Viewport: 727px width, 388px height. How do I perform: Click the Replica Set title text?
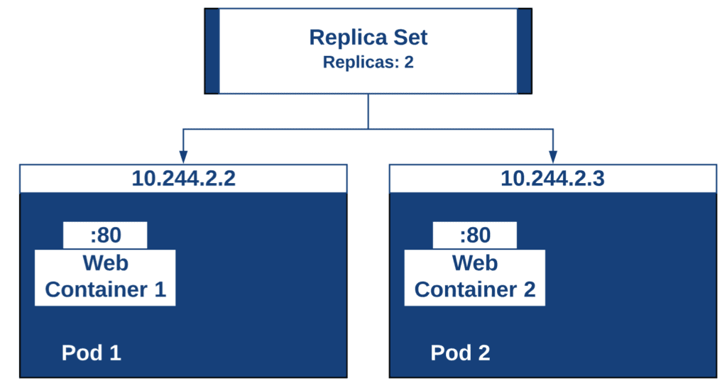tap(368, 38)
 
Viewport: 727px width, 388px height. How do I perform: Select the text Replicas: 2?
tap(368, 62)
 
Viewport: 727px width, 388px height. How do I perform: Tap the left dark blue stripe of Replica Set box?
tap(212, 51)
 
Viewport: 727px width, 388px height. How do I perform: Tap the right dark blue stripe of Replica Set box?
tap(525, 51)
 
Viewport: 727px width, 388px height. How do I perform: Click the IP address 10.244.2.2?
tap(183, 179)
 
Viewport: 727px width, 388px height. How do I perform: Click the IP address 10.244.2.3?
tap(552, 179)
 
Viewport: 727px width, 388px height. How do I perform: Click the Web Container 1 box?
tap(105, 277)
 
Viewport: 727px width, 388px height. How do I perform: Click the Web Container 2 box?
tap(475, 277)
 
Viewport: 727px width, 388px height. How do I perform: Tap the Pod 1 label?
tap(92, 353)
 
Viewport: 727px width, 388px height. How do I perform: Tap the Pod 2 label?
tap(460, 353)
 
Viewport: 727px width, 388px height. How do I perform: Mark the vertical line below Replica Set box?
tap(368, 111)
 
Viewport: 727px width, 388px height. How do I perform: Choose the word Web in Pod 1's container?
tap(105, 263)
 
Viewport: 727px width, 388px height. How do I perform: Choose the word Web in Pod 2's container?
tap(475, 263)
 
